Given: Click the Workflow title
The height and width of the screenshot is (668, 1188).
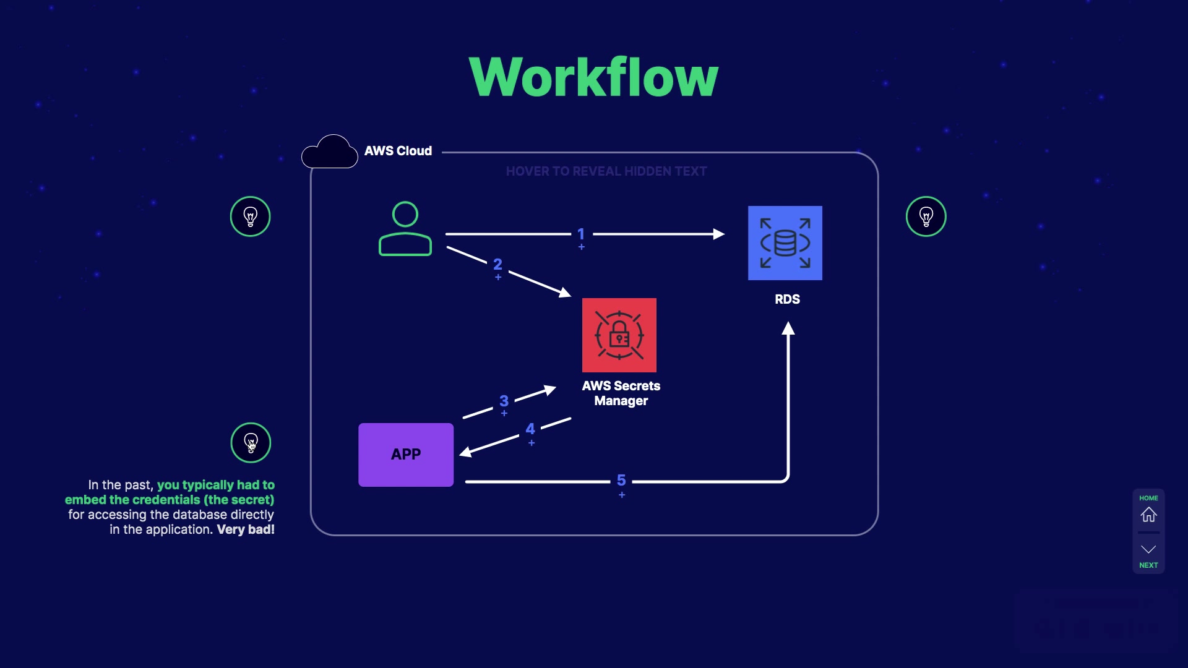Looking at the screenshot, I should pyautogui.click(x=593, y=77).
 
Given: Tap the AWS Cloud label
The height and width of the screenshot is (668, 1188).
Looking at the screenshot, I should pyautogui.click(x=398, y=151).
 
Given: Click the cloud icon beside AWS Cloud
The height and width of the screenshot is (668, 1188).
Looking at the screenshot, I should pyautogui.click(x=330, y=152).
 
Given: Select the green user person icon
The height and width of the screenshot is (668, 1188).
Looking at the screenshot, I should pyautogui.click(x=405, y=229).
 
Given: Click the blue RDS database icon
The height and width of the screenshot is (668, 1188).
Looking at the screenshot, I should pyautogui.click(x=785, y=243).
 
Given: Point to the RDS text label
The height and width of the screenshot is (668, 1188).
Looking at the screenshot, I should pyautogui.click(x=787, y=299).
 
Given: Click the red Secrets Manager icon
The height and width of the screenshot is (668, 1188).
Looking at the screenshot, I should pyautogui.click(x=619, y=335).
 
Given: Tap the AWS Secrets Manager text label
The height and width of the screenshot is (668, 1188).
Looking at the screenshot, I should pyautogui.click(x=621, y=393).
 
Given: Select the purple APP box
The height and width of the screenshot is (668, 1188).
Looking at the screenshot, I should pyautogui.click(x=406, y=455).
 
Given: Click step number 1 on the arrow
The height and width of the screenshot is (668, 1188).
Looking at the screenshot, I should pyautogui.click(x=581, y=234).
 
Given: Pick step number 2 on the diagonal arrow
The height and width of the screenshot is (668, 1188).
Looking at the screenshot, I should pyautogui.click(x=497, y=265).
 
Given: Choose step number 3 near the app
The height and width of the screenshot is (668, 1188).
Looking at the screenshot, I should pyautogui.click(x=504, y=401).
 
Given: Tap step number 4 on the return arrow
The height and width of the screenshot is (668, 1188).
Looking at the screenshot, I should pyautogui.click(x=530, y=429).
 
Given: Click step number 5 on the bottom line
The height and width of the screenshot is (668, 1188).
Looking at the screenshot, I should pyautogui.click(x=621, y=481).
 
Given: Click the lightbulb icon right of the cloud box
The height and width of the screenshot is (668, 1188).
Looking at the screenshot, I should pyautogui.click(x=926, y=216).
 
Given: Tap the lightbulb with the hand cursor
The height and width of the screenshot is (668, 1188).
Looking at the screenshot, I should pyautogui.click(x=251, y=443).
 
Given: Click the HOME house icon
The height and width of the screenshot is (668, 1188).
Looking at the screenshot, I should pyautogui.click(x=1148, y=515).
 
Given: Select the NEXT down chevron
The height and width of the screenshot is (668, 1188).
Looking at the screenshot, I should pyautogui.click(x=1148, y=549).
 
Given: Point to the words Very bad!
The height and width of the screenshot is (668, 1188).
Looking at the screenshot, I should pyautogui.click(x=246, y=529).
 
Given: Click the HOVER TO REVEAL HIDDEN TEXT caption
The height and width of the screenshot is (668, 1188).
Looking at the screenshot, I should pyautogui.click(x=606, y=171).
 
